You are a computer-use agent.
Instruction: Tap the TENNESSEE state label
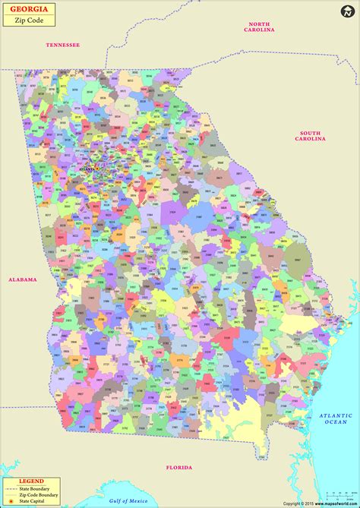[x=62, y=45]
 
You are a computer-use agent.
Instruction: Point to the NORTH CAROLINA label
[x=259, y=27]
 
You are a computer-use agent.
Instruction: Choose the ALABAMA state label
[x=22, y=279]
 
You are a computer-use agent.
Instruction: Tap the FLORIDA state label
[x=181, y=468]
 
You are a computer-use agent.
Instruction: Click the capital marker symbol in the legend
[x=9, y=501]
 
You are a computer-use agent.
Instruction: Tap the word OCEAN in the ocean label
[x=335, y=422]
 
